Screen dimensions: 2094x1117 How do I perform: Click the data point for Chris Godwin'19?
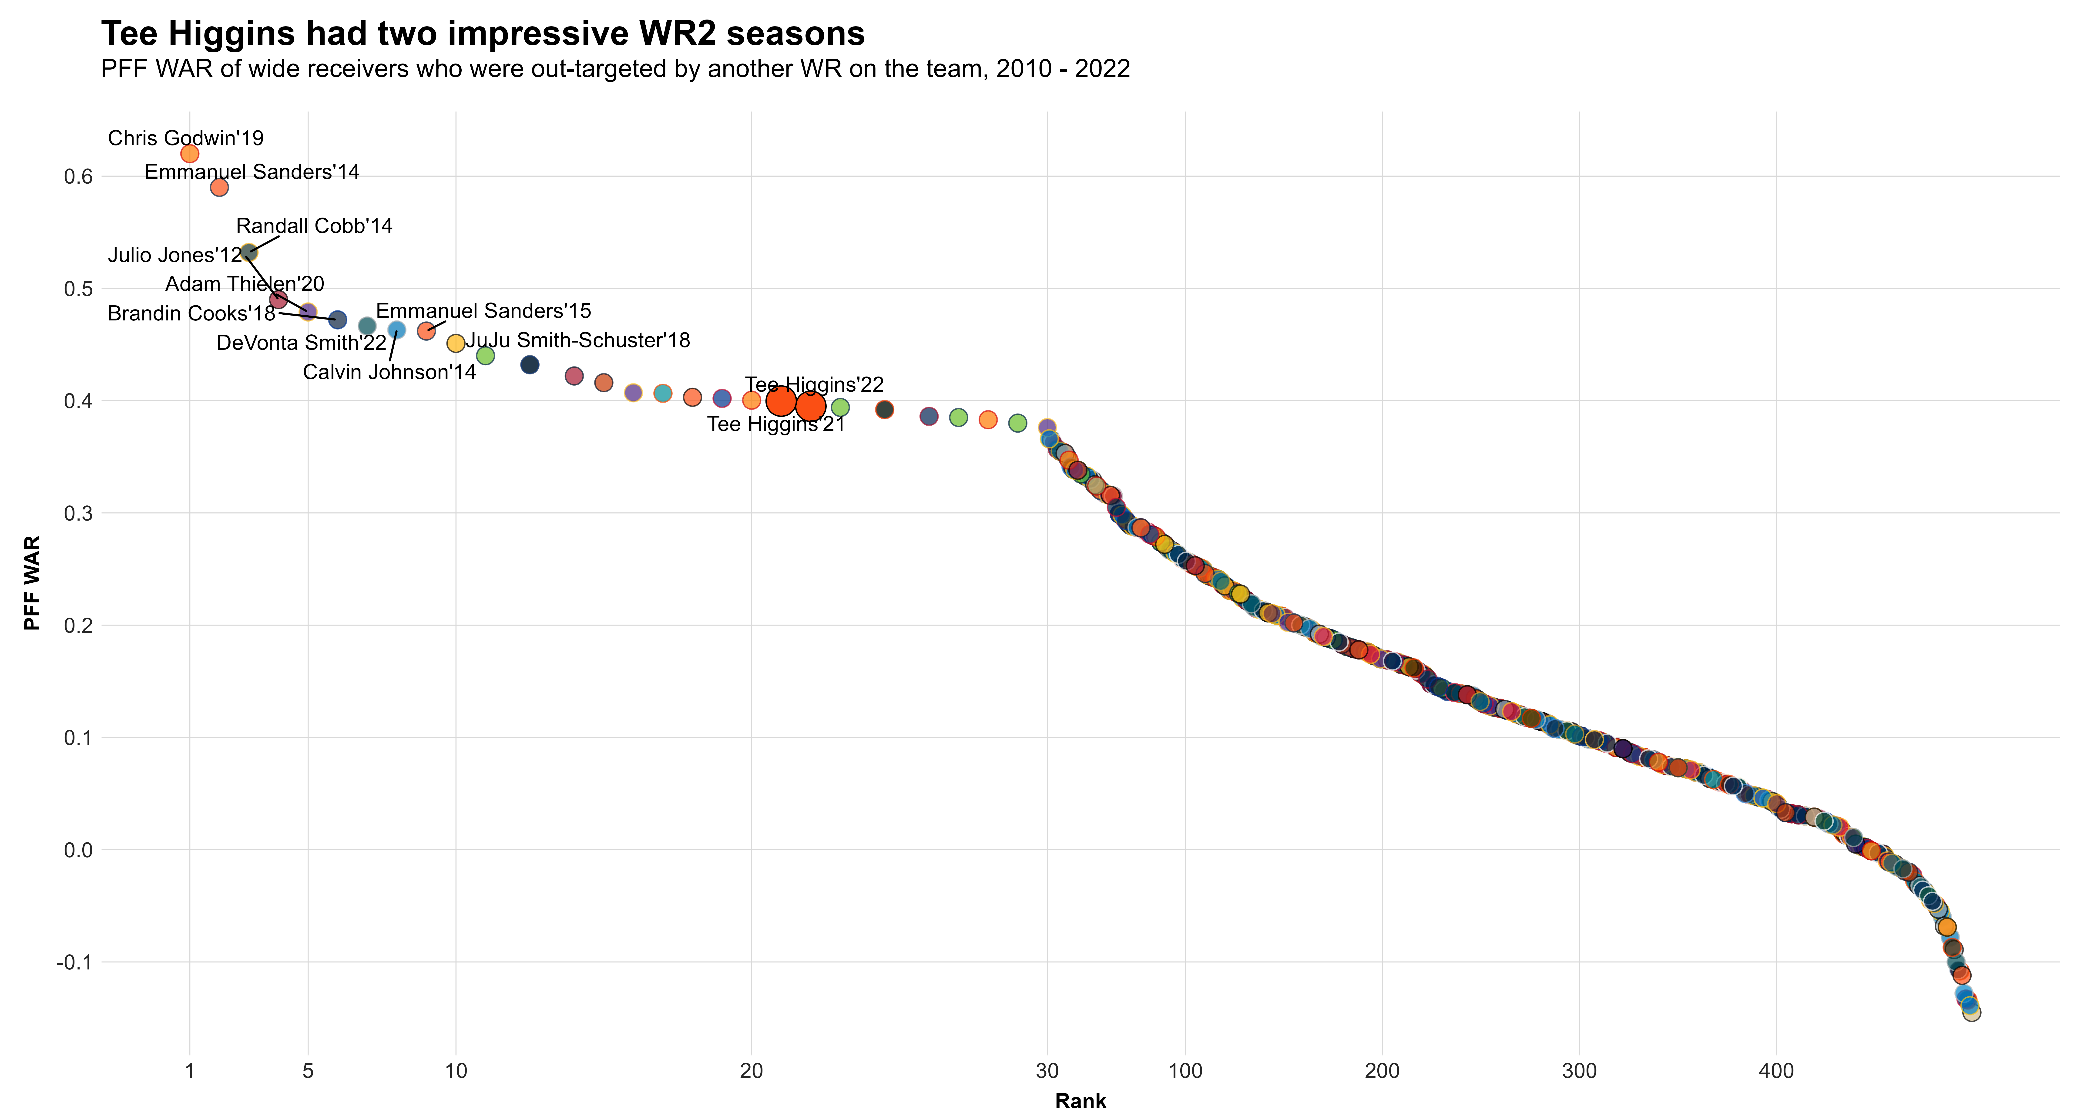coord(189,154)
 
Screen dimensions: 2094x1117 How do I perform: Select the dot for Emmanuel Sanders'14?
coord(219,187)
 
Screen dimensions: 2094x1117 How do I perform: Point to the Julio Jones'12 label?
coord(175,255)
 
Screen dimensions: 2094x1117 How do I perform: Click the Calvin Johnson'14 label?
coord(389,372)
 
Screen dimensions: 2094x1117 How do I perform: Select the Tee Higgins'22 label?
coord(815,384)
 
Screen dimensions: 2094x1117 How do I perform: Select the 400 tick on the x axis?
coord(1776,1071)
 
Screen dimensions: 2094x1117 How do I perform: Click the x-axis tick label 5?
coord(308,1071)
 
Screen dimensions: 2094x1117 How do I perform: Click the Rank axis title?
coord(1080,1102)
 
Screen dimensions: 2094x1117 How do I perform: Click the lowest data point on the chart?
coord(1971,1012)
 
